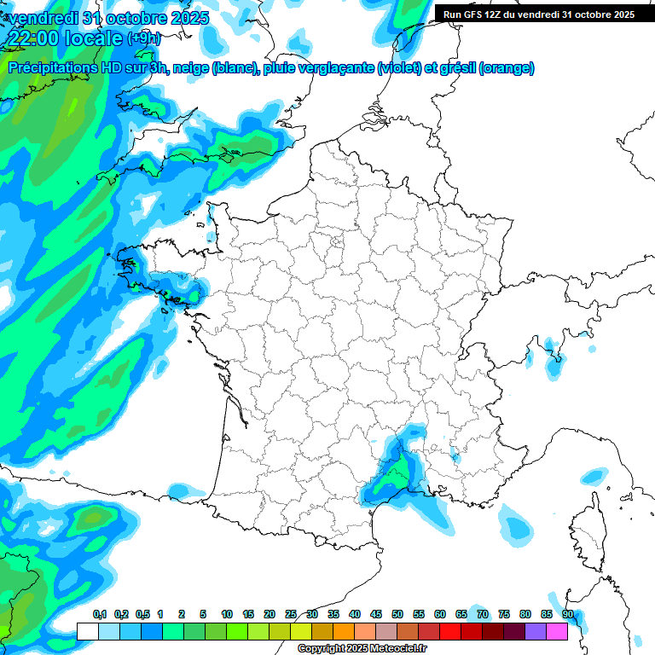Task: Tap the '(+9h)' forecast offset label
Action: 143,38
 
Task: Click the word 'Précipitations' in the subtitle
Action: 48,68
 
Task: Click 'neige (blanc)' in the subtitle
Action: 214,68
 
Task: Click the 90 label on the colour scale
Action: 567,614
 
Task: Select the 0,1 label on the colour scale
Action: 99,614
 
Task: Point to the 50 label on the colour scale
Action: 397,614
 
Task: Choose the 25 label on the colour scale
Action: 291,614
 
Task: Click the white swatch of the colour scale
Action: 87,631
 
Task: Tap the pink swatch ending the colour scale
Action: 557,631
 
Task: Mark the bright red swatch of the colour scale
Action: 449,631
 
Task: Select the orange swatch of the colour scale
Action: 343,631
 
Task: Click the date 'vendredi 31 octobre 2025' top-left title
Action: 106,18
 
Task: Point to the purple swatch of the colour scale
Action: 536,631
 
